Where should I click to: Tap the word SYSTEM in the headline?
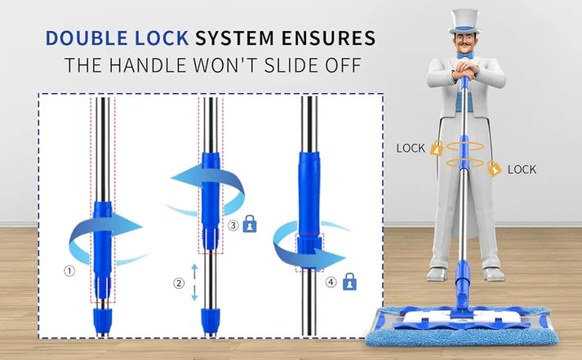coord(250,38)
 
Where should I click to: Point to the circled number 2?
coord(178,283)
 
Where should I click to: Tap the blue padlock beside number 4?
coord(349,282)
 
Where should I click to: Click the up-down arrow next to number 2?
coord(194,282)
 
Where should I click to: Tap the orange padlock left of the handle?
coord(437,149)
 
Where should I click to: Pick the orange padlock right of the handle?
coord(493,168)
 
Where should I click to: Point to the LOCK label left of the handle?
coord(411,149)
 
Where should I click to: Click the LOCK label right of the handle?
coord(522,170)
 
